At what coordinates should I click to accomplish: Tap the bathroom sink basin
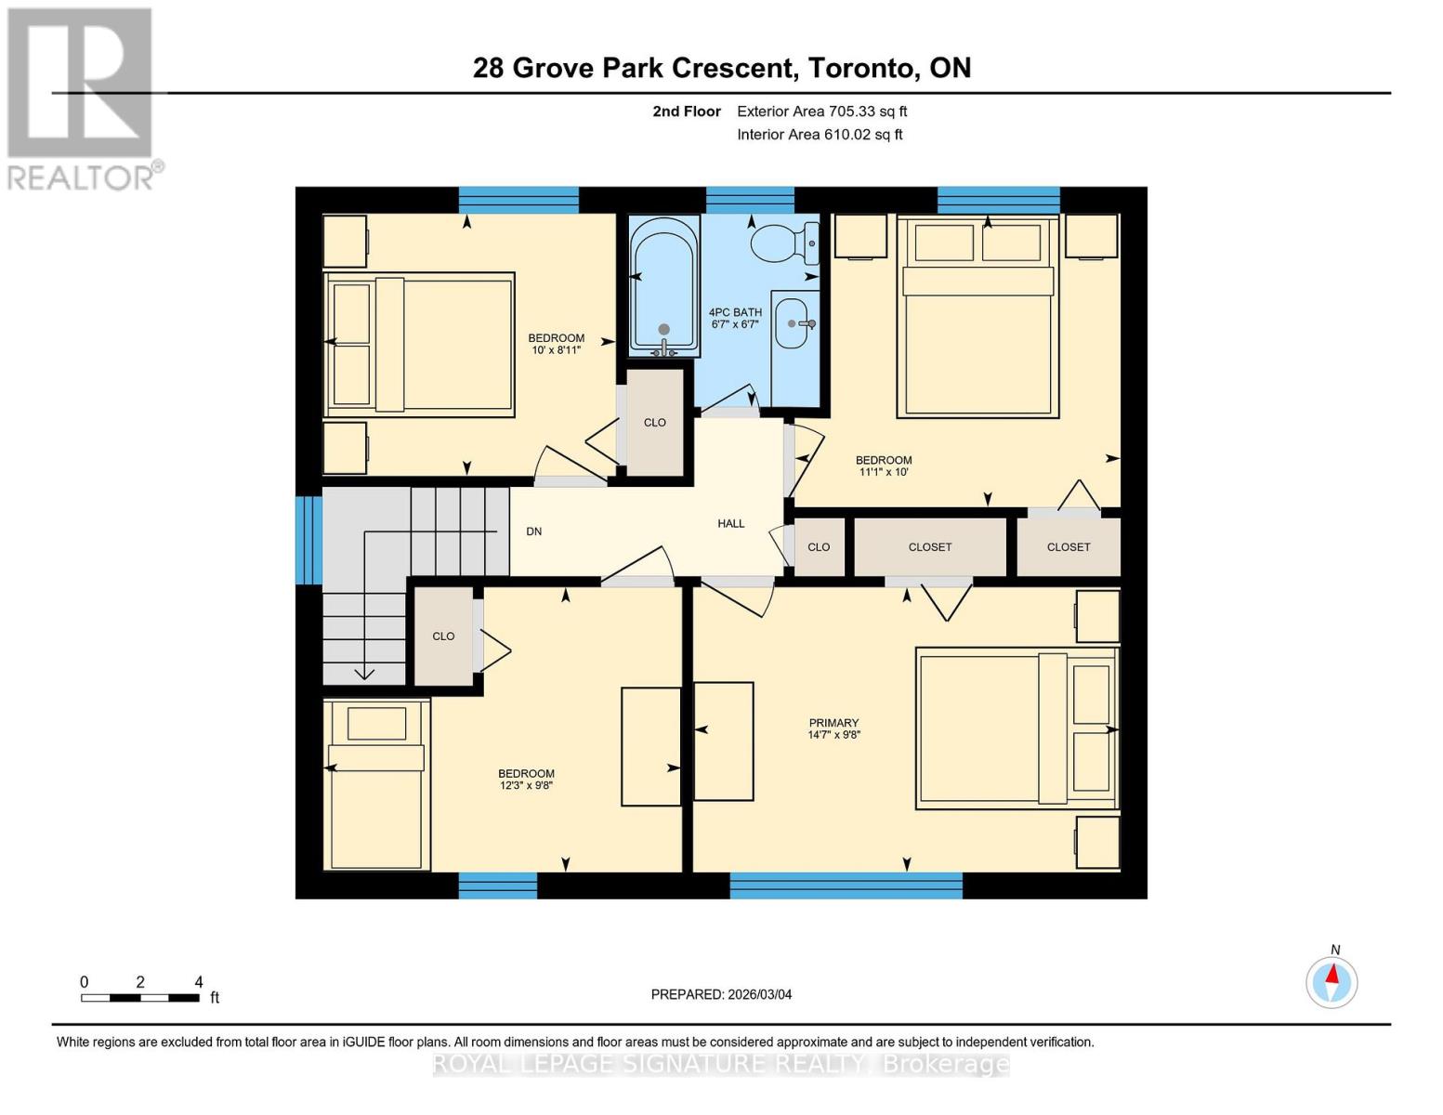792,323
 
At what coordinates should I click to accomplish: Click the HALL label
731,524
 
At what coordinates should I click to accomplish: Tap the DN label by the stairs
534,531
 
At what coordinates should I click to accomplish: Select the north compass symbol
1331,981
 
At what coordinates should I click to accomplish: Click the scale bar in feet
140,998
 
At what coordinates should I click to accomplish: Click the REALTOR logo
82,98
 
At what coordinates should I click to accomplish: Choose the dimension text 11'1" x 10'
884,472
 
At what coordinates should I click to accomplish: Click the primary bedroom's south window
846,885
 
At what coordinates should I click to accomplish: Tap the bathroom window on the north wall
750,200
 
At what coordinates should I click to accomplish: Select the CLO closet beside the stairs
443,636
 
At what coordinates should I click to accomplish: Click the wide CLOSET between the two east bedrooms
930,547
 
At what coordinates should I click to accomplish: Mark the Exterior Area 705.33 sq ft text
821,111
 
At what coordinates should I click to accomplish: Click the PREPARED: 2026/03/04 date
721,994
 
